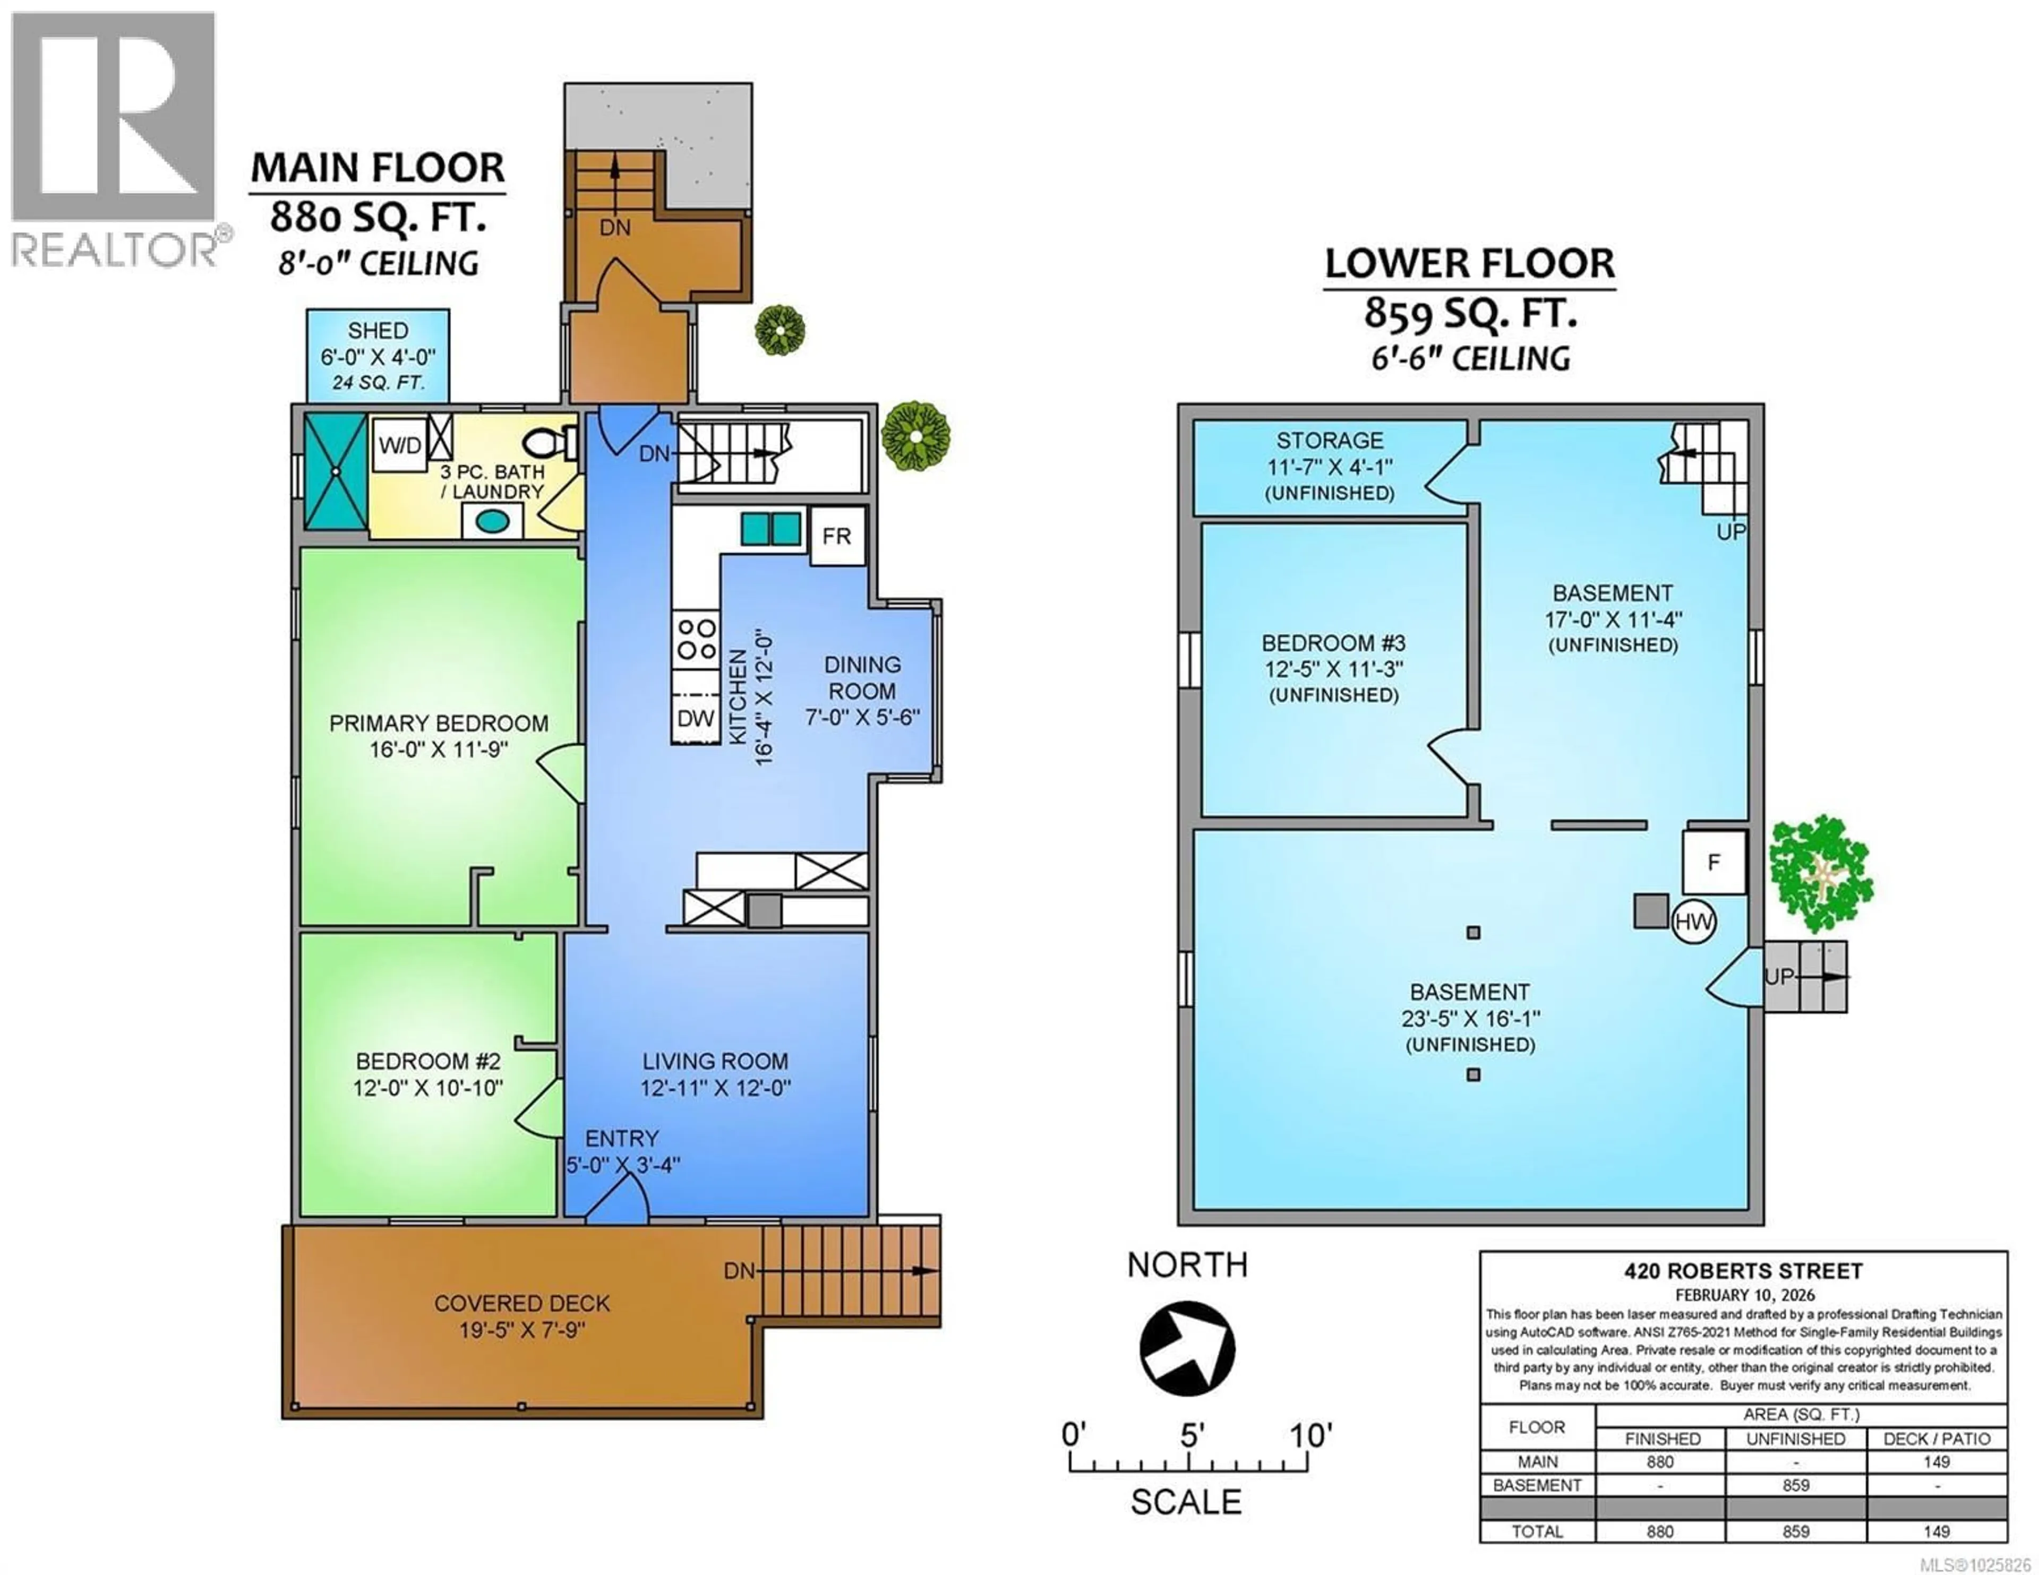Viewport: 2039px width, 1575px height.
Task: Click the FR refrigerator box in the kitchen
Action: point(836,536)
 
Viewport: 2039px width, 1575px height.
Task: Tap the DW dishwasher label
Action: point(695,718)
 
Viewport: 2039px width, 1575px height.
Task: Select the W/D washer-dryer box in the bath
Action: point(400,445)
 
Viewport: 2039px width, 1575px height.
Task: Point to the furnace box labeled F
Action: point(1713,862)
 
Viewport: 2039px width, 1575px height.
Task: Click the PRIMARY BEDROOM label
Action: point(438,724)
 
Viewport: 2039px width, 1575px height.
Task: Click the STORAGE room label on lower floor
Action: point(1330,441)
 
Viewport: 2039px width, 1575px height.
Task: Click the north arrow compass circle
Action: point(1187,1348)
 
